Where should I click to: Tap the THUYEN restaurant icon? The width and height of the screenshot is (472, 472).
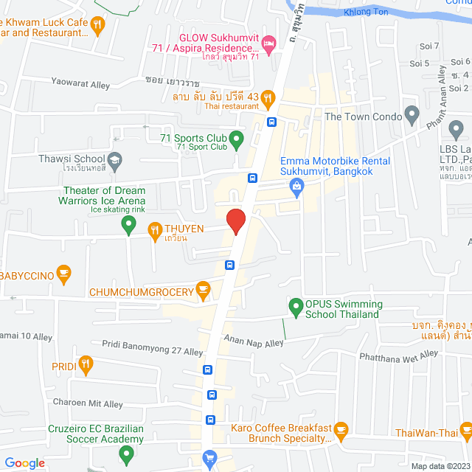(x=155, y=230)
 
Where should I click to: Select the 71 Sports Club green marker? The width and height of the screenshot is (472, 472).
(x=236, y=138)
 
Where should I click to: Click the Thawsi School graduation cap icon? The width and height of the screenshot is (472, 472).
(x=115, y=159)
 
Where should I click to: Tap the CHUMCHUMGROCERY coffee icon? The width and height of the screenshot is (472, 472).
(x=204, y=292)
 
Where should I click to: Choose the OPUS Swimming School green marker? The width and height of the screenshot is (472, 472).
(x=296, y=305)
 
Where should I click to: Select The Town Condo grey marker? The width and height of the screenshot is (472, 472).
(x=412, y=116)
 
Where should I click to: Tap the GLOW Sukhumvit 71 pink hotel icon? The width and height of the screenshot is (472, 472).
(x=269, y=46)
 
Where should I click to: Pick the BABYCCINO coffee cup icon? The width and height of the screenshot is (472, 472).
(x=63, y=274)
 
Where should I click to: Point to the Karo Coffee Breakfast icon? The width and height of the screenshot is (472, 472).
(x=341, y=428)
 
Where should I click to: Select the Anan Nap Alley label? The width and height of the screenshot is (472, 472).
(x=254, y=343)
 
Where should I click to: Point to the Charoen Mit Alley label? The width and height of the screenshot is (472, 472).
(x=88, y=403)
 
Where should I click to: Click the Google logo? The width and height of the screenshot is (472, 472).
(x=24, y=463)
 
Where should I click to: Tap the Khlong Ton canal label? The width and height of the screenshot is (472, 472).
(x=364, y=13)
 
